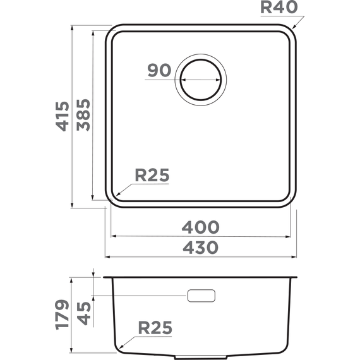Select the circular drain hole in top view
pos(202,80)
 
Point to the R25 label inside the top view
pos(152,176)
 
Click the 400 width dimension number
pos(201,227)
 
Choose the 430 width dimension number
pos(201,247)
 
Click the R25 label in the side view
pos(155,328)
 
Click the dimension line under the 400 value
pos(201,236)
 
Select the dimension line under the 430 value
pos(201,256)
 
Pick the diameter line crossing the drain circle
pos(202,80)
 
